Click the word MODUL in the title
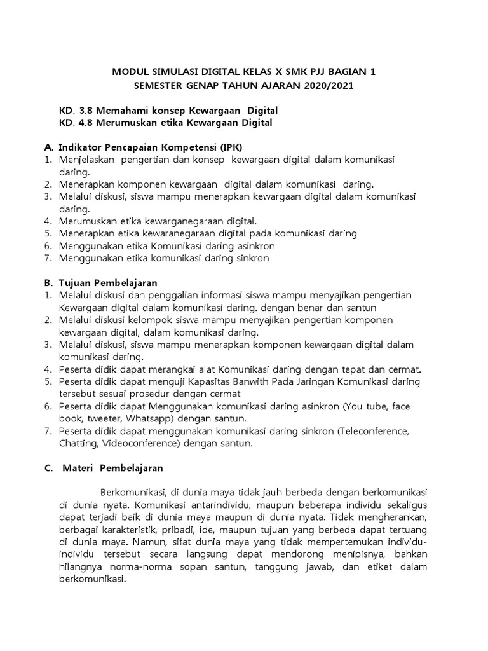coord(130,72)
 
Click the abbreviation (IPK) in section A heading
coord(229,147)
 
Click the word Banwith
coord(228,381)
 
